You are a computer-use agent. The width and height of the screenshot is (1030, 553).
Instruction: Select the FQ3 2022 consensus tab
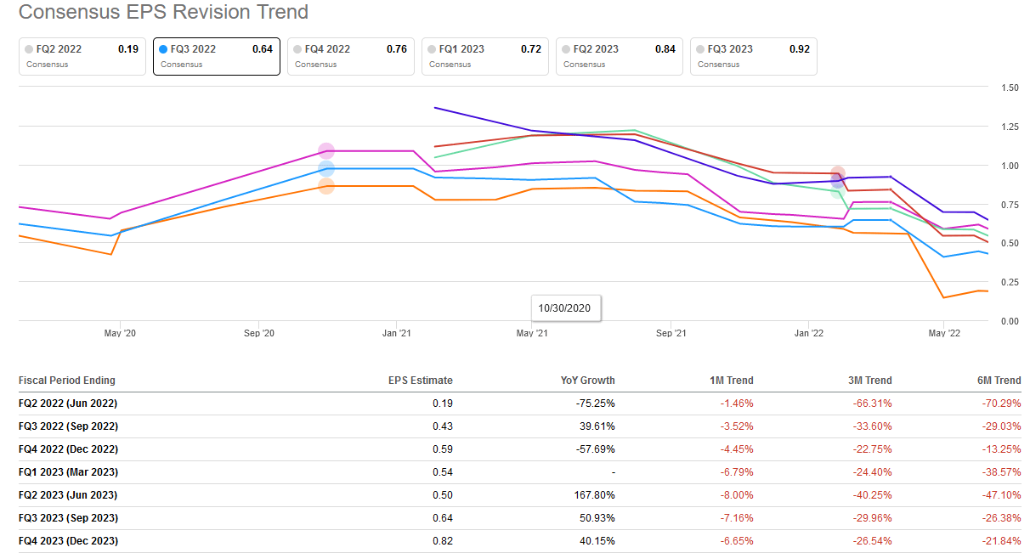pos(216,56)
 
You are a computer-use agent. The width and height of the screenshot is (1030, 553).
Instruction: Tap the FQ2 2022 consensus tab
pos(82,56)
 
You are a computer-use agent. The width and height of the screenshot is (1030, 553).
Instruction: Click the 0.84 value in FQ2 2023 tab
pos(665,49)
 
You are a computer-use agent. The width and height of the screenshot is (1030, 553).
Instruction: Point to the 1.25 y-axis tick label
pos(1010,127)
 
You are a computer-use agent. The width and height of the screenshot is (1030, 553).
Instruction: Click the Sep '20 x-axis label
pos(257,334)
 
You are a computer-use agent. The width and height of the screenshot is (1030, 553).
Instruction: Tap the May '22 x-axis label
pos(944,334)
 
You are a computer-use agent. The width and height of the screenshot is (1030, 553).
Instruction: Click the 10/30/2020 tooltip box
pos(564,308)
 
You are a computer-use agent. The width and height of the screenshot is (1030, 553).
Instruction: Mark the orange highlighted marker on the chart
pos(326,186)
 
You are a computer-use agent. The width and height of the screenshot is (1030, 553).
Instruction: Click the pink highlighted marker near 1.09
pos(326,151)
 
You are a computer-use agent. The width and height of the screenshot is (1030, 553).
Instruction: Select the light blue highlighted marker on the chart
pos(326,168)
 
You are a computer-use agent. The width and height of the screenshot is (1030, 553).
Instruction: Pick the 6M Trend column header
pos(998,381)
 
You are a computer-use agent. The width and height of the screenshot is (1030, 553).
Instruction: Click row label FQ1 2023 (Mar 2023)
pos(68,472)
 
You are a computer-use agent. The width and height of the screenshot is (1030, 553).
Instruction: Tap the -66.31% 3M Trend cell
pos(873,403)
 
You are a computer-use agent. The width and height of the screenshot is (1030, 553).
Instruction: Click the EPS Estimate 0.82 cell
pos(442,541)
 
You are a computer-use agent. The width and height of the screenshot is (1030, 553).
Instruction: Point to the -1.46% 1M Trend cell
pos(734,403)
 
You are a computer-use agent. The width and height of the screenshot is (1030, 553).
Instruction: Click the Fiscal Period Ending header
pos(67,381)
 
